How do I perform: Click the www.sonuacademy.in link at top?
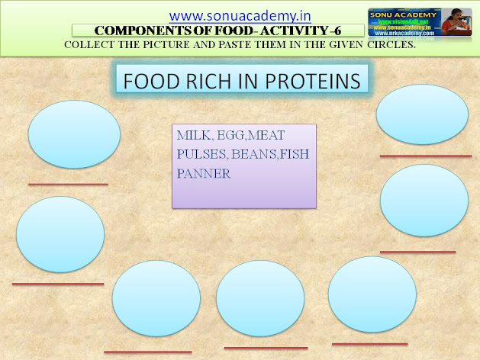(x=234, y=14)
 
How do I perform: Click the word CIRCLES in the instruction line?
(x=386, y=44)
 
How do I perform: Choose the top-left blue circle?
(x=74, y=133)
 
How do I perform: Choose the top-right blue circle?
(x=422, y=114)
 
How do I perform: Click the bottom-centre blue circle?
(x=260, y=298)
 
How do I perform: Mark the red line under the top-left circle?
(x=68, y=184)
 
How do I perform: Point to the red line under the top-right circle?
(x=425, y=156)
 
